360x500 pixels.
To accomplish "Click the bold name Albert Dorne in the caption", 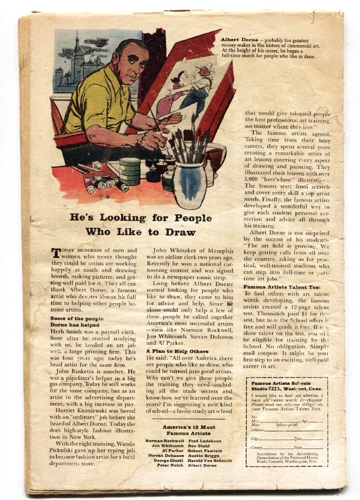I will click(239, 40).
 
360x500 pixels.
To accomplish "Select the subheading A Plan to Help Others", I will click(171, 351).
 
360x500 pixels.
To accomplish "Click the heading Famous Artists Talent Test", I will click(282, 287).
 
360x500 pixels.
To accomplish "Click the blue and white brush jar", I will click(189, 183).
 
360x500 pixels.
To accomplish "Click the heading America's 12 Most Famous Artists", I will click(189, 430).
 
